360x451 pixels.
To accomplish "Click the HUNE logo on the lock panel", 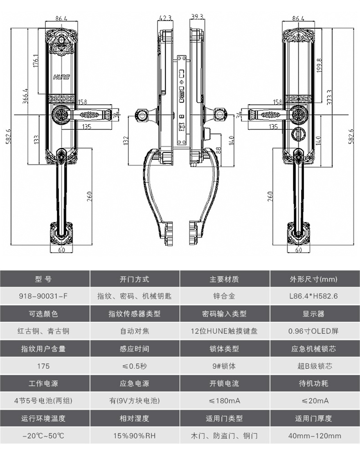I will click(61, 76).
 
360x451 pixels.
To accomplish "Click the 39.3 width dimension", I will click(197, 17).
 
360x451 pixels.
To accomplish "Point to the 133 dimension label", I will click(36, 140).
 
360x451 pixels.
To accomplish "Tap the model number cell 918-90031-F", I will click(45, 296).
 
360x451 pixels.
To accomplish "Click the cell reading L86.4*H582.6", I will click(315, 296).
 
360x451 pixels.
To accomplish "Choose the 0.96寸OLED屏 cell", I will click(315, 331).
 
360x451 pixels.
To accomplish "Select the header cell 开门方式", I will click(135, 279).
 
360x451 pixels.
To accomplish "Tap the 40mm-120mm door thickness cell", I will click(315, 436).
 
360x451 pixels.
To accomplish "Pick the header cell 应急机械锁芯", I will click(315, 349).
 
